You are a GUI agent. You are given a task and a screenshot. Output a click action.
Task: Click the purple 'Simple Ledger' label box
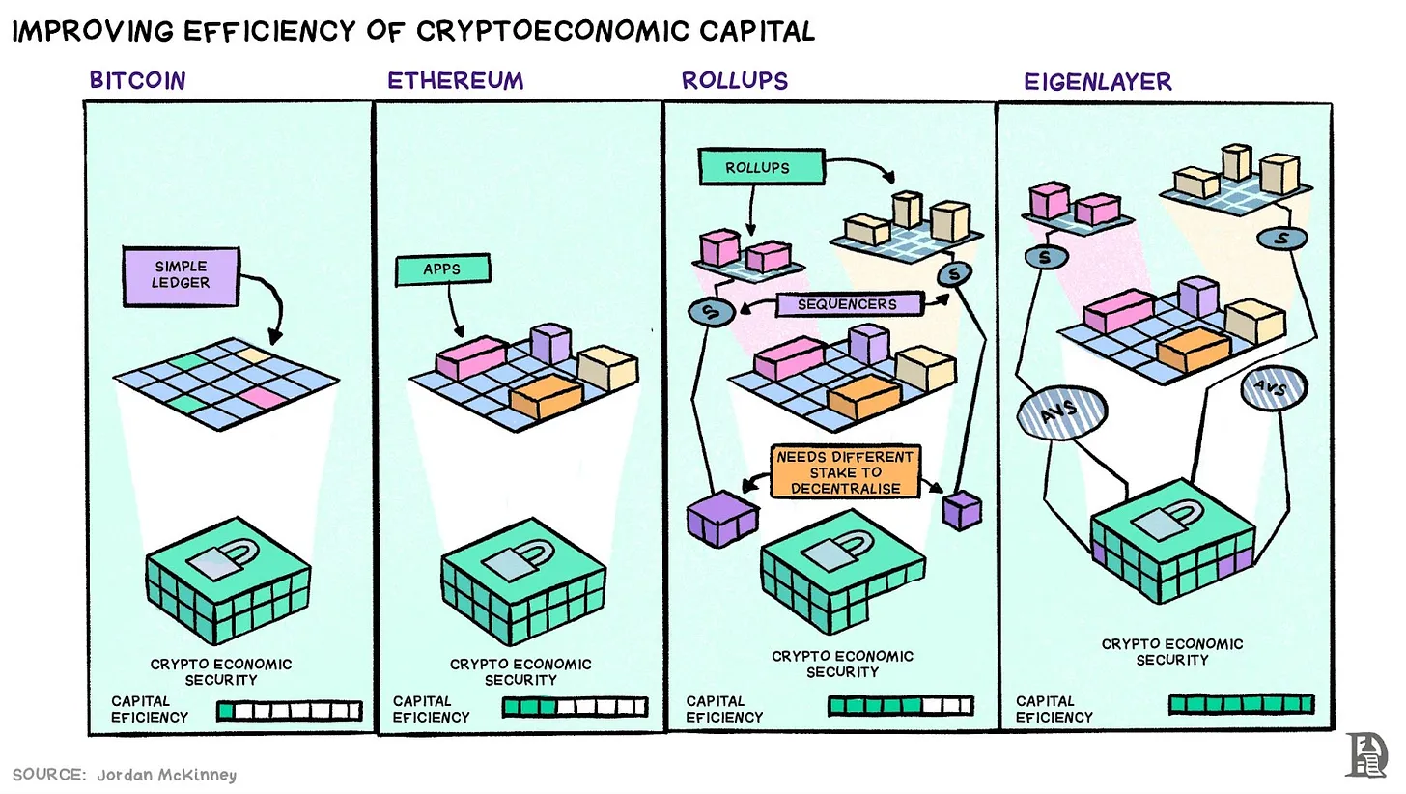coord(181,275)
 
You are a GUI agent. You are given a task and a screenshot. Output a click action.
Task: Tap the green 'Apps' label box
coord(442,269)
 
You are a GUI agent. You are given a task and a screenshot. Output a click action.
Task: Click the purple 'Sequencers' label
coord(847,304)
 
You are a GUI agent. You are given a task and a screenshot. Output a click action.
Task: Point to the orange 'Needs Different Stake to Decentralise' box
coord(845,472)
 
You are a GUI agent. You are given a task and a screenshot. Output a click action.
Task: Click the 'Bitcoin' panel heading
coord(137,80)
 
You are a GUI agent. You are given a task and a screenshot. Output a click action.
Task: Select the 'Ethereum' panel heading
coord(455,80)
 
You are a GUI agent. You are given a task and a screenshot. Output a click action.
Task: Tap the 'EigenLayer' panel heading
coord(1098,82)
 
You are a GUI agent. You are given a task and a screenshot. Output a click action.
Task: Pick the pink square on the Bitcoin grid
coord(263,396)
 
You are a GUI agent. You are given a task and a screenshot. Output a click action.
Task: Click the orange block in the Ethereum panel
coord(546,394)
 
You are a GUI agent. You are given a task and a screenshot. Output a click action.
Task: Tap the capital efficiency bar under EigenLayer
coord(1241,704)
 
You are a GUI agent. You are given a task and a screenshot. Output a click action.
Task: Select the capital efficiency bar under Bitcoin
coord(289,711)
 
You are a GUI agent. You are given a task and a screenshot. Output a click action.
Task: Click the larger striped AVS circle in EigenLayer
coord(1061,412)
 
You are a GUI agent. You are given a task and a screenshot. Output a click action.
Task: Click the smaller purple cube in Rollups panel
coord(961,510)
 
